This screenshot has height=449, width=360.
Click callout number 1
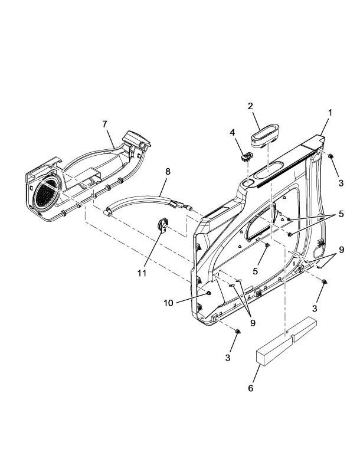pos(330,113)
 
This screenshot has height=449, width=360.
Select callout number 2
pos(250,106)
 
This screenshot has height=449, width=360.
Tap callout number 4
pos(233,133)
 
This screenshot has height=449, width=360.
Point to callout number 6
pos(251,388)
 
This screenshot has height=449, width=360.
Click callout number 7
pos(105,124)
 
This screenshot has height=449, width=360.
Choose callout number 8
pos(168,172)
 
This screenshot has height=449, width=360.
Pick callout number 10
pos(168,303)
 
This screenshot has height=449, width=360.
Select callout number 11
pos(142,273)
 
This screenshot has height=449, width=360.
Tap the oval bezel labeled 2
pos(265,137)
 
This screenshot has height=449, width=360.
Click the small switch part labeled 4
pos(247,157)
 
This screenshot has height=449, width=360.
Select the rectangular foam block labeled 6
pos(286,341)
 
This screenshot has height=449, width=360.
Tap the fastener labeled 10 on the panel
pos(208,293)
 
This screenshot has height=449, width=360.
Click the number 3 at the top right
pos(341,183)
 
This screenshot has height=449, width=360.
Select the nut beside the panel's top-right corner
pos(331,156)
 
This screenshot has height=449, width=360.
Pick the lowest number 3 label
pos(228,358)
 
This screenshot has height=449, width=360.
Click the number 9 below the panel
pos(253,323)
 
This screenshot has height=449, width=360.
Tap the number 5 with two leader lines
pos(341,214)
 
